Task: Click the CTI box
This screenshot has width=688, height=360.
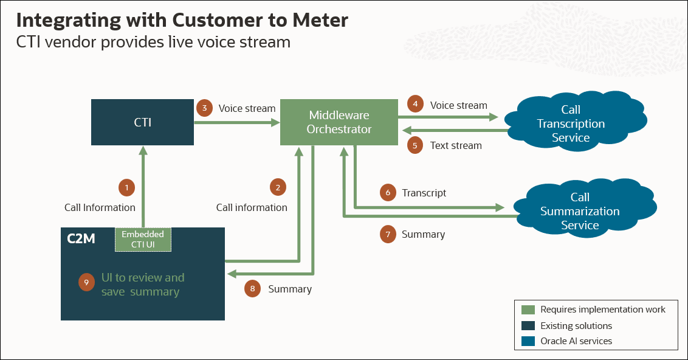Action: pos(142,123)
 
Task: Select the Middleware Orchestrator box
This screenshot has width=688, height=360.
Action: pos(339,122)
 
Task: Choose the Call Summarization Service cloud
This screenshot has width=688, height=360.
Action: pos(579,211)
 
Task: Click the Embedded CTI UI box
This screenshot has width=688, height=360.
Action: pos(143,240)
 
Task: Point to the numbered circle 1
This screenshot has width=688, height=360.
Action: pos(126,188)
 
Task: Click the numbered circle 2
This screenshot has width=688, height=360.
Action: pos(278,188)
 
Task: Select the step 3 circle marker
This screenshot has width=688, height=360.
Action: pos(205,108)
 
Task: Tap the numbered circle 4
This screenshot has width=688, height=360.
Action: pos(415,105)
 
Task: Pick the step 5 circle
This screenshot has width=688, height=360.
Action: pos(415,145)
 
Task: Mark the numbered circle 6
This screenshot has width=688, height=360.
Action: pos(388,193)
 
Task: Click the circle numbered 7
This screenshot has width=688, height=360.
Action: pos(388,234)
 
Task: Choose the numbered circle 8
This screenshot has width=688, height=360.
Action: pos(252,289)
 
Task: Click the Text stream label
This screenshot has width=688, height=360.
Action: pos(456,145)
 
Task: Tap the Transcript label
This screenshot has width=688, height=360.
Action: pos(424,193)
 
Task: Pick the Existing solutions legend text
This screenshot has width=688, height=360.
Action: pos(576,325)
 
